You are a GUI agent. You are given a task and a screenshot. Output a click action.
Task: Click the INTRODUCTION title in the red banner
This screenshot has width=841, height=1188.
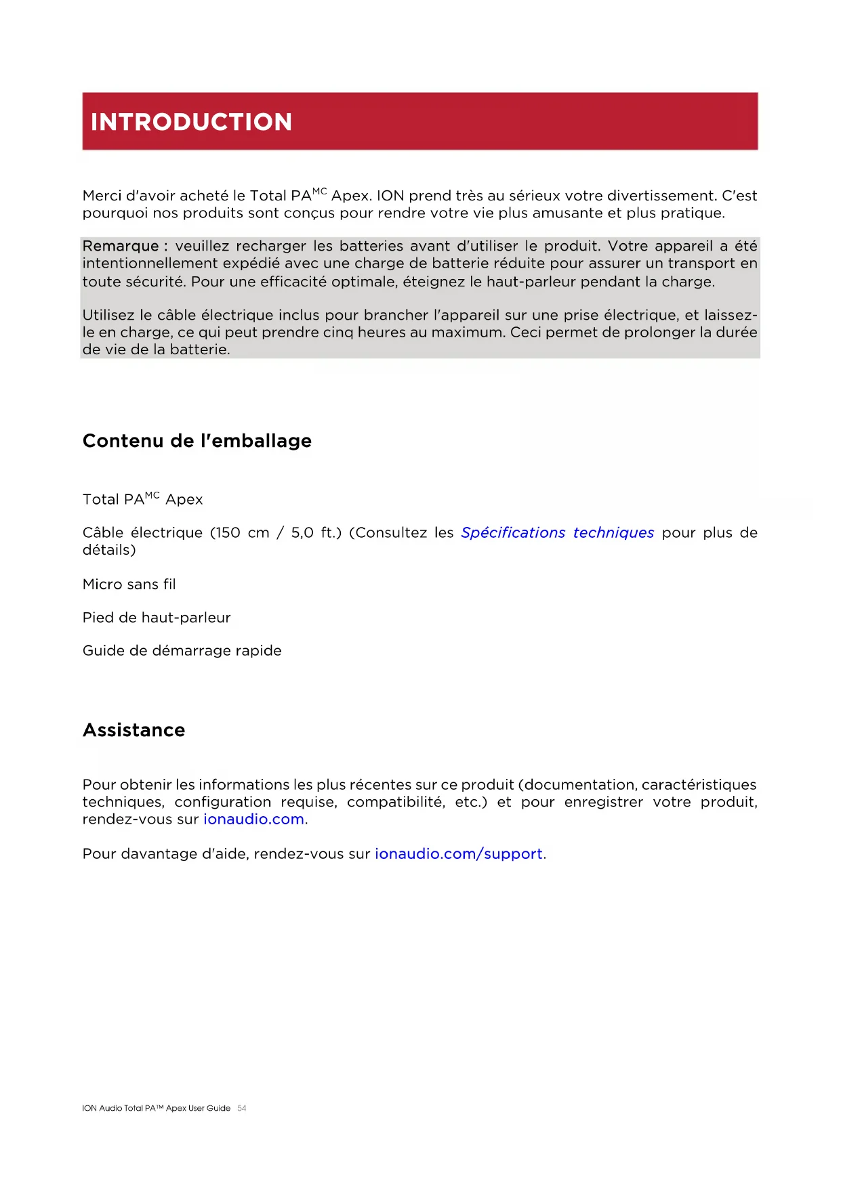(x=191, y=122)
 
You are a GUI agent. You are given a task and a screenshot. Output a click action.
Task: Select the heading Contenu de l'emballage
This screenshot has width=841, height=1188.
(x=197, y=441)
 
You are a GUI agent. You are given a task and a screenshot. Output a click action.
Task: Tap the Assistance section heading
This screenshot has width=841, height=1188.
(x=134, y=730)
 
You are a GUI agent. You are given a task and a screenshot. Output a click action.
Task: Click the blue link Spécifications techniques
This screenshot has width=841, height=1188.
(x=557, y=533)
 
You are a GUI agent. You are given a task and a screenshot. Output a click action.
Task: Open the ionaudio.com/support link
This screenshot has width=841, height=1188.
(x=459, y=854)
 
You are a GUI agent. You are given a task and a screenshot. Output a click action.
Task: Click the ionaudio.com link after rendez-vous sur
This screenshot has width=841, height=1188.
(x=253, y=820)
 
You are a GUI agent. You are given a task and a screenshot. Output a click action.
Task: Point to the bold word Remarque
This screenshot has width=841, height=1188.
(x=121, y=246)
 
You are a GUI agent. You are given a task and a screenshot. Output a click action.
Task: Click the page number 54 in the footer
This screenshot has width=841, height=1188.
(x=242, y=1109)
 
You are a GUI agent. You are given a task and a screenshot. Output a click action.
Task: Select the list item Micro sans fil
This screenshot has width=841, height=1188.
(x=129, y=585)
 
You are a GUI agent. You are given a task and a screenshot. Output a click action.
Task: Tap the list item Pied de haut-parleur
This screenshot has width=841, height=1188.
(x=157, y=618)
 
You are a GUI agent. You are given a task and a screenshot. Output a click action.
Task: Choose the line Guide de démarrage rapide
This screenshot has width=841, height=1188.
(x=182, y=651)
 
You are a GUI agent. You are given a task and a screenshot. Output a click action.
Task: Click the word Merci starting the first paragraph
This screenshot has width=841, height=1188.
(x=102, y=196)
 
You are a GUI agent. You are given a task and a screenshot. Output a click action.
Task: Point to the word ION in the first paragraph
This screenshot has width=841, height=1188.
(x=390, y=196)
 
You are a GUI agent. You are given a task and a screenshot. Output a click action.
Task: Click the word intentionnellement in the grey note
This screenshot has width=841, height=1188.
(x=150, y=263)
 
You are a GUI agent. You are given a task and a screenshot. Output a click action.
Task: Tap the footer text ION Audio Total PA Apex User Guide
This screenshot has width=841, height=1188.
(x=156, y=1109)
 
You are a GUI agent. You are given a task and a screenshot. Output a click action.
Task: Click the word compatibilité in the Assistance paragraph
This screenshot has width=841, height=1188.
(x=395, y=803)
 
